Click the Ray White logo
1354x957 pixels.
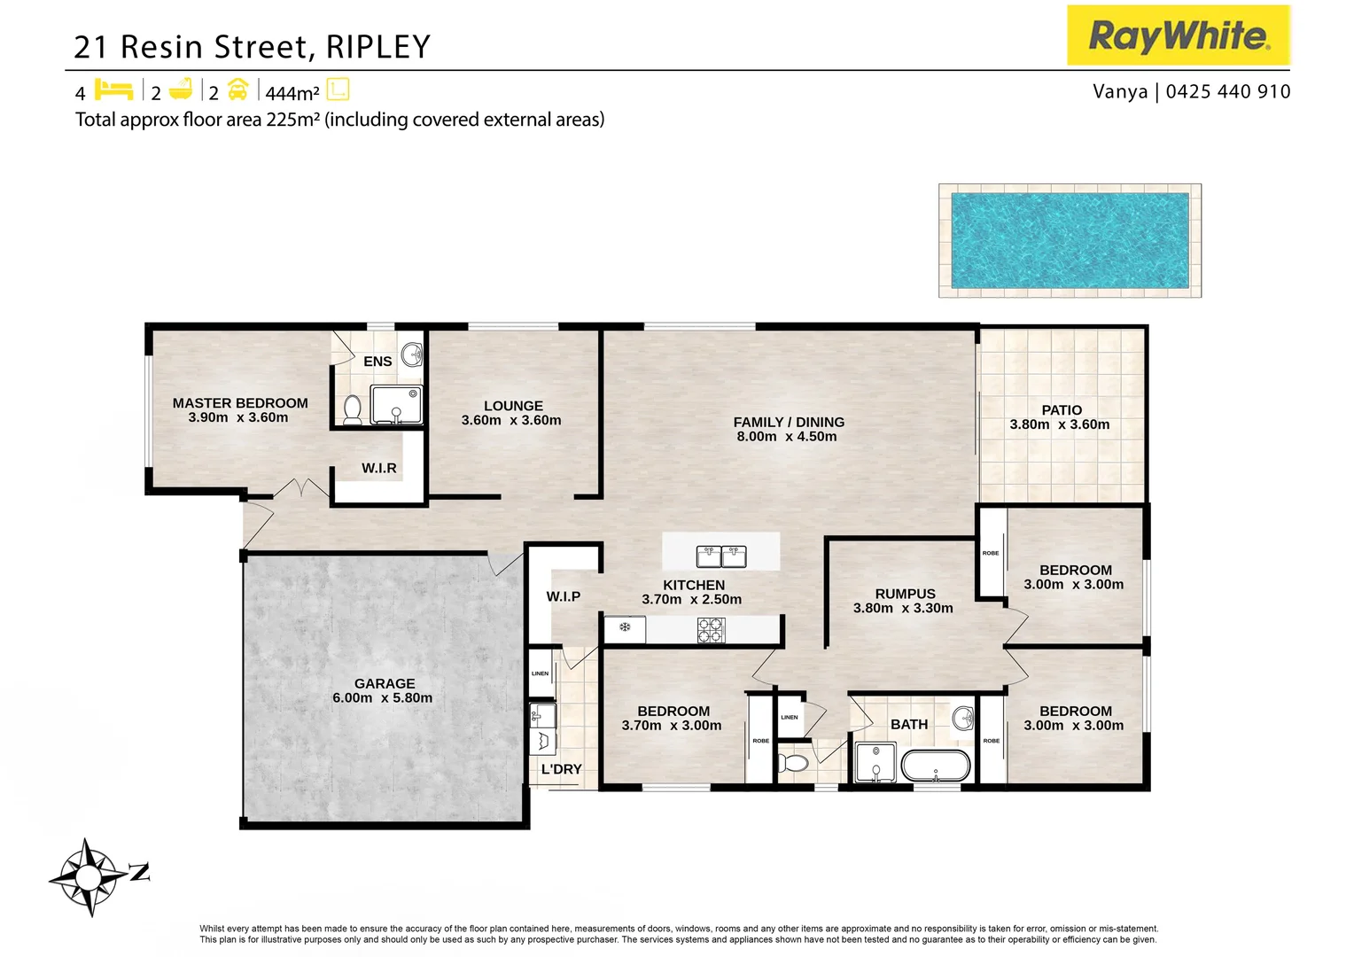(1178, 35)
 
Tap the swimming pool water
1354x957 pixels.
(1070, 240)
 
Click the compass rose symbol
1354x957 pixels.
(89, 877)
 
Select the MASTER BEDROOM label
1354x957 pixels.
(240, 403)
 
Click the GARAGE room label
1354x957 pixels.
(385, 683)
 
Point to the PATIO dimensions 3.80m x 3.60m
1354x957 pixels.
(1060, 424)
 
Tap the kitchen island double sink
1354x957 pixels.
(721, 556)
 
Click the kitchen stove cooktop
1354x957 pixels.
(711, 630)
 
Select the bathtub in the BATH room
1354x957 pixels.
(936, 766)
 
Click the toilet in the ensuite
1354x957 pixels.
(353, 408)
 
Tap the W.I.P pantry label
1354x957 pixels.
(564, 596)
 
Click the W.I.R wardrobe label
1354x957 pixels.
(379, 468)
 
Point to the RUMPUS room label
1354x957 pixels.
(905, 594)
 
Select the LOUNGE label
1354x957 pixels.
(513, 406)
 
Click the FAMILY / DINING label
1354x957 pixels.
(789, 422)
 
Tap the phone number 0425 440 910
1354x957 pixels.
(1228, 91)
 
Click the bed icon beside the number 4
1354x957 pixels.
(113, 90)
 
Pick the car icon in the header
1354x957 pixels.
(237, 89)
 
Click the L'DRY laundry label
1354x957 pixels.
(562, 769)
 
